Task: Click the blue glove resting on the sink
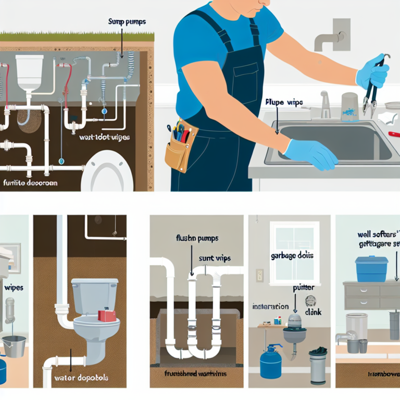[312, 154]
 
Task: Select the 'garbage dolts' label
[289, 256]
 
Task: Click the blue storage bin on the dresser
[371, 268]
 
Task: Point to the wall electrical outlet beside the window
[259, 276]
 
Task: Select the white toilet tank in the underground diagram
[29, 71]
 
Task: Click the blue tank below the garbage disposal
[270, 358]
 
